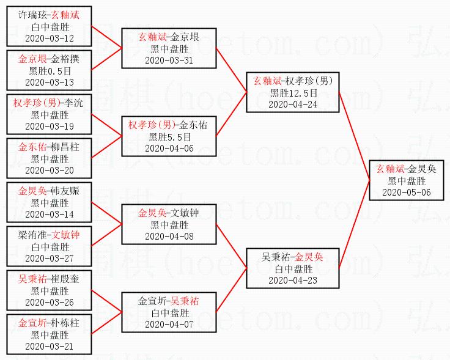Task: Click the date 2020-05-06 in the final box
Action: pos(407,192)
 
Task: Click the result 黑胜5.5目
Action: pos(168,137)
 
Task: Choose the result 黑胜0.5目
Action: pos(50,71)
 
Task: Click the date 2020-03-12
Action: pos(50,38)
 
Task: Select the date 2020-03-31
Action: pos(168,61)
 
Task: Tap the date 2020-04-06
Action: pos(168,148)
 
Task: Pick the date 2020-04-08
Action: pos(168,236)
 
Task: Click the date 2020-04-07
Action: pos(168,324)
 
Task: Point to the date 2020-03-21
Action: pos(50,346)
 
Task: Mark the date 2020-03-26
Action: pos(50,302)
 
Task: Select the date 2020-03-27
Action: pos(50,258)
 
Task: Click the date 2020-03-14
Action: pos(50,214)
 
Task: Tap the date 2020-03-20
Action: pos(50,170)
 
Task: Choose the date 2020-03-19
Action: pos(50,126)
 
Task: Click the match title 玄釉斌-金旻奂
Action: pos(407,169)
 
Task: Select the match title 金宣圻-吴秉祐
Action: pos(168,301)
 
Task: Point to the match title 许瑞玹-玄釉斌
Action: pos(50,15)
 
